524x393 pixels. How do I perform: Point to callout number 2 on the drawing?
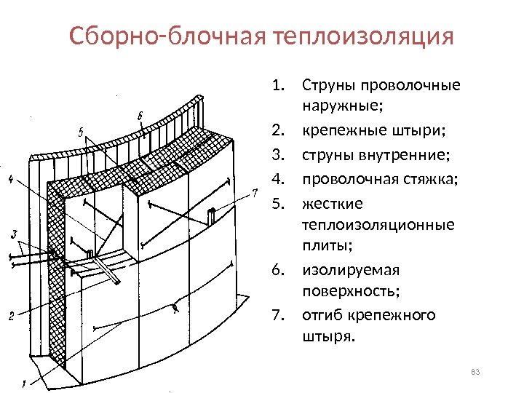(x=11, y=316)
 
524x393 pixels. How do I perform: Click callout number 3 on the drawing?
(x=15, y=234)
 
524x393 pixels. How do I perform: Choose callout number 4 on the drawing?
(x=10, y=179)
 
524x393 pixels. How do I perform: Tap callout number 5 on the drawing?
(x=82, y=132)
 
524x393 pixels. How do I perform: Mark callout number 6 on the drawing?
(x=139, y=115)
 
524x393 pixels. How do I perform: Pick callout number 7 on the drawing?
(x=255, y=192)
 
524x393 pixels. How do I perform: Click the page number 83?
(x=476, y=373)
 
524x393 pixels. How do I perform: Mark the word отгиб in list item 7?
(x=322, y=315)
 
